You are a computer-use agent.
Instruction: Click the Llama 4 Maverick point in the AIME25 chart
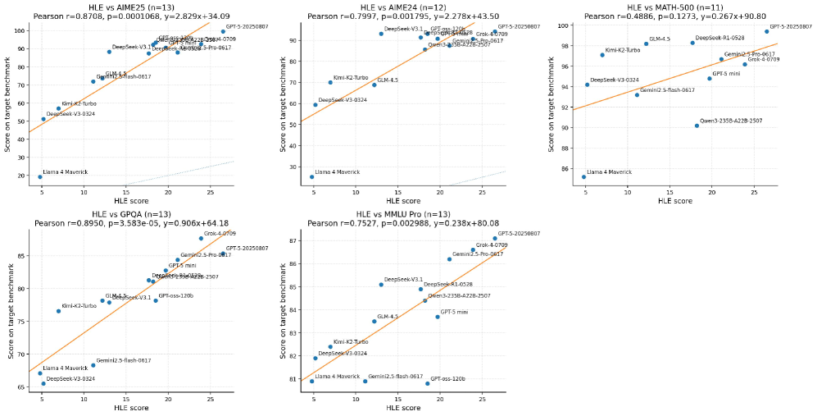(x=39, y=176)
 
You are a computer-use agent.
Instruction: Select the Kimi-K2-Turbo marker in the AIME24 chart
(x=330, y=82)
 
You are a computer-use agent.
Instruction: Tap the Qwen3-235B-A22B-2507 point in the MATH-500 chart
(x=697, y=126)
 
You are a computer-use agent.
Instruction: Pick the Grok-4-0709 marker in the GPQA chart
(x=201, y=239)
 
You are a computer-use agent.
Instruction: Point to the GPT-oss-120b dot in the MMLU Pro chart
(x=427, y=383)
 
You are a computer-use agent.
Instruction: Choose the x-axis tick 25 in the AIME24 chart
(x=482, y=194)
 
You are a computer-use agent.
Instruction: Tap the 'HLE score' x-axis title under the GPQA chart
(x=131, y=408)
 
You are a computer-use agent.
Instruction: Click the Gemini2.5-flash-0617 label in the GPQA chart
(x=123, y=361)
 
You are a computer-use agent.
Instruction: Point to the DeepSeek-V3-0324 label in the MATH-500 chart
(x=615, y=80)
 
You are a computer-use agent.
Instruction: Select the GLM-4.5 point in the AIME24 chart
(x=374, y=85)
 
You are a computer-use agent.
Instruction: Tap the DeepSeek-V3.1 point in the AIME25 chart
(x=109, y=52)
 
